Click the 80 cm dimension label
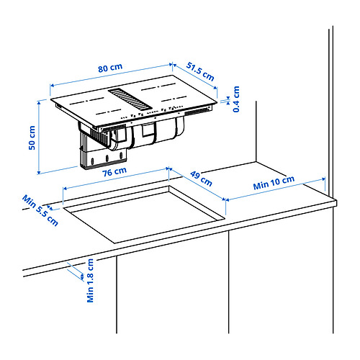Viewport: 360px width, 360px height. click(x=110, y=68)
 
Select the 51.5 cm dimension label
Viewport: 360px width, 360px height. click(x=200, y=71)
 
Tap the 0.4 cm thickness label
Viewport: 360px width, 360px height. click(x=236, y=99)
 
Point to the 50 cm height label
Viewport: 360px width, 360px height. click(x=32, y=138)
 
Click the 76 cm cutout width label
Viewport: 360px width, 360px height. click(x=114, y=171)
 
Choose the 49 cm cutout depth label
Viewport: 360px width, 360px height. click(x=201, y=179)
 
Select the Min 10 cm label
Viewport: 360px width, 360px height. click(x=274, y=183)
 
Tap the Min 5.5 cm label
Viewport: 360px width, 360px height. click(x=40, y=210)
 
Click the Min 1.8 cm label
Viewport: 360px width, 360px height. click(x=90, y=280)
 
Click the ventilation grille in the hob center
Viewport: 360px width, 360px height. click(x=130, y=99)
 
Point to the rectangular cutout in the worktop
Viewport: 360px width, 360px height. click(x=144, y=214)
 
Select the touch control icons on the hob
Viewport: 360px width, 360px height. click(x=152, y=112)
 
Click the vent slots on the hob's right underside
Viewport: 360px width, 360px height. click(x=197, y=111)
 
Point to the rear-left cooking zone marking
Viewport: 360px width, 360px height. click(x=87, y=101)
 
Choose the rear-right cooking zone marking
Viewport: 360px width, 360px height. click(x=158, y=86)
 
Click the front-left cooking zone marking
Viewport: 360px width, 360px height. click(x=109, y=112)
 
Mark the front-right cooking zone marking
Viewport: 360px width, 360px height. click(x=174, y=99)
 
